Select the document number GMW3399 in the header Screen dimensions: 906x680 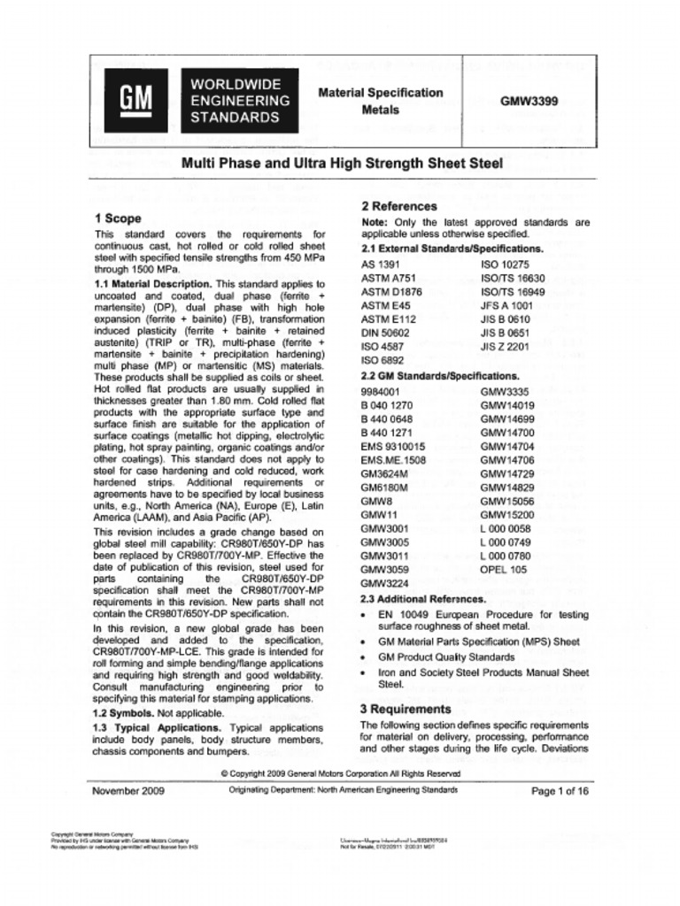coord(529,101)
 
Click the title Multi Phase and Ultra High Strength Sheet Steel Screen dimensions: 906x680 coord(342,163)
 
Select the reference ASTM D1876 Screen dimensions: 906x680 coord(391,291)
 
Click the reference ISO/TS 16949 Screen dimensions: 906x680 coord(513,291)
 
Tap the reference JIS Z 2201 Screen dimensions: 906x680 coord(505,347)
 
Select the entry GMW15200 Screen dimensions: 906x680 coord(507,514)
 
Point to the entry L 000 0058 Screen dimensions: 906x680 coord(506,528)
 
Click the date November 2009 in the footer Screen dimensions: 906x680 coord(128,791)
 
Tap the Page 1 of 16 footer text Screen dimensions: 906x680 coord(560,791)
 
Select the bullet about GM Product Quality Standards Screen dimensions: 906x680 coord(446,657)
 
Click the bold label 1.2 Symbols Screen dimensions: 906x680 coord(124,712)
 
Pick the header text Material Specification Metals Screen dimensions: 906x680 coord(380,101)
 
